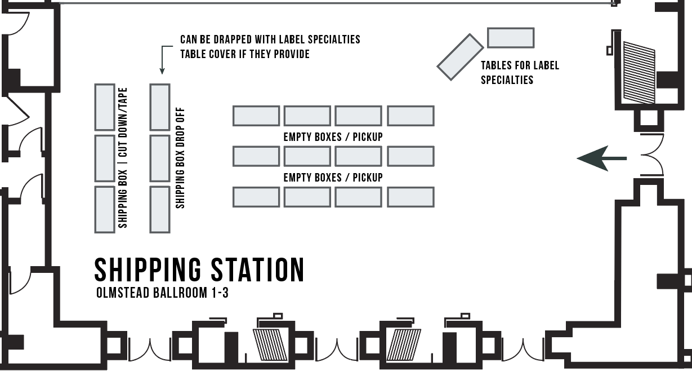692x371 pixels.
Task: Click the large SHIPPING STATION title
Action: point(199,270)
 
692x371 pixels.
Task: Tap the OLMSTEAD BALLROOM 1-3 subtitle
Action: point(162,293)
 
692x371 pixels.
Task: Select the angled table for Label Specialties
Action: point(460,57)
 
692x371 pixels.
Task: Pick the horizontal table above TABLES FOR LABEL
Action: point(510,38)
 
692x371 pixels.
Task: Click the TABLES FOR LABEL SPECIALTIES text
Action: point(519,72)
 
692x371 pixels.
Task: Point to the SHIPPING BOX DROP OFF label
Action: point(180,158)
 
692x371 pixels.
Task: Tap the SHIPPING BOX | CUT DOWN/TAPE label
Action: point(123,157)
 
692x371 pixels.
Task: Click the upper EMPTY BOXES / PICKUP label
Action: point(333,136)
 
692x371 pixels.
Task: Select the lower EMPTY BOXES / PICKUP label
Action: point(333,177)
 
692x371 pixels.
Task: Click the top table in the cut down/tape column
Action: point(105,107)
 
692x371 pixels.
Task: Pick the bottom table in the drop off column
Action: point(160,209)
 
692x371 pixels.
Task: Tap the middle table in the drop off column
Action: point(160,158)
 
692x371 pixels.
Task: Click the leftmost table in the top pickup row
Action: point(256,116)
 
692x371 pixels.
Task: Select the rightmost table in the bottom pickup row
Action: point(410,197)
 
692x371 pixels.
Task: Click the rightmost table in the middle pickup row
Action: point(410,156)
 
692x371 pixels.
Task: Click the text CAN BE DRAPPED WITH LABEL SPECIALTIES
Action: point(270,40)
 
